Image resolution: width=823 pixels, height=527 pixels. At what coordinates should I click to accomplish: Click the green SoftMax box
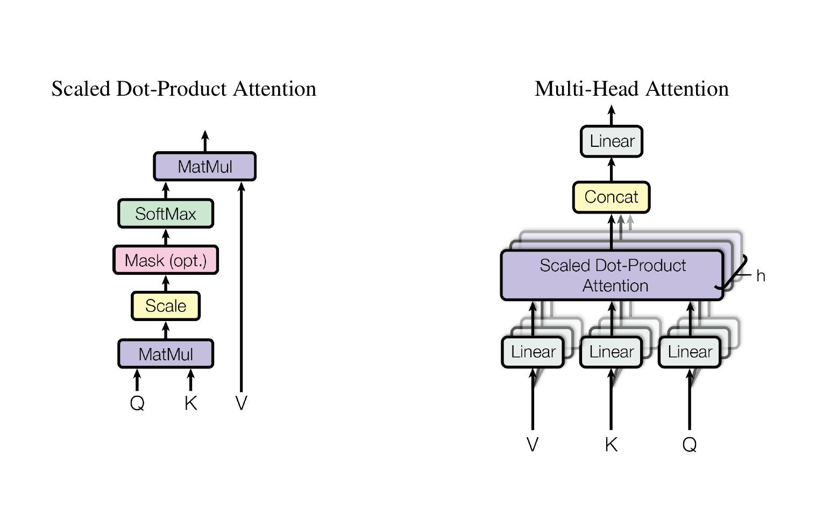point(166,213)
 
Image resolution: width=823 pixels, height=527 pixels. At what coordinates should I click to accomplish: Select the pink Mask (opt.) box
point(166,260)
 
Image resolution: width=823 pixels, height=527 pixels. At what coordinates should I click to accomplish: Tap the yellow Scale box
point(166,306)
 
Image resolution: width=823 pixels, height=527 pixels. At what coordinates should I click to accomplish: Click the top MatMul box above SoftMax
point(204,166)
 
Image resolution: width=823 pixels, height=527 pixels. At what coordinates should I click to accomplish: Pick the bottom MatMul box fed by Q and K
point(166,354)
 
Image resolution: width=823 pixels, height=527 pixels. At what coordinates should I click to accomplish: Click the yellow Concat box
point(612,197)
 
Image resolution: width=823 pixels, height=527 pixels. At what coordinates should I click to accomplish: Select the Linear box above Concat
point(612,141)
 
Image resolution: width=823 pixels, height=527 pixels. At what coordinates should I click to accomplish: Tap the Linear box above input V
point(533,352)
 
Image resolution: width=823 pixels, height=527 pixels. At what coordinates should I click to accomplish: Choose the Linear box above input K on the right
point(611,352)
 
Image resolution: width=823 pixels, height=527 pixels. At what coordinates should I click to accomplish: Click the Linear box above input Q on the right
point(690,352)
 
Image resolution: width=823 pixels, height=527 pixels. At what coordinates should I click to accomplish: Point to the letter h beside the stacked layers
point(761,276)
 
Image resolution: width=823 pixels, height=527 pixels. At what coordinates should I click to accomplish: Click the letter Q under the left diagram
point(137,403)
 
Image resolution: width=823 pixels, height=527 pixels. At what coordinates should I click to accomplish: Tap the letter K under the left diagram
point(190,403)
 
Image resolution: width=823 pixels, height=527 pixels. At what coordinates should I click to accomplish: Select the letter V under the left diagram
point(241,403)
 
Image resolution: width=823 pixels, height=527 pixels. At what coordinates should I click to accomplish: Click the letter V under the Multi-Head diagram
point(533,444)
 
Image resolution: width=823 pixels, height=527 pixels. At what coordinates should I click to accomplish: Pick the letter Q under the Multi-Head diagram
point(689,445)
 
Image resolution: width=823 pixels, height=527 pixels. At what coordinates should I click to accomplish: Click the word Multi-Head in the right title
point(587,89)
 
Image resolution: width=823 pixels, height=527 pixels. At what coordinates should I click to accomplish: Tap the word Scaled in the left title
point(81,89)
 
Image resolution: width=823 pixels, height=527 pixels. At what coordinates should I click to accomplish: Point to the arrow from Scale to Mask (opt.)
point(166,283)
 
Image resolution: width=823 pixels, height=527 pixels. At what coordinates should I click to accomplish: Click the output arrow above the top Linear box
point(612,115)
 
